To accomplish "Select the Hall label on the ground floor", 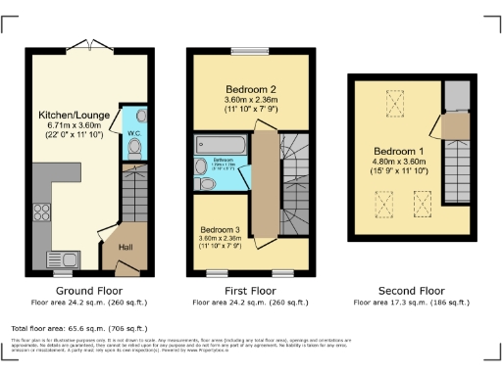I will (125, 248).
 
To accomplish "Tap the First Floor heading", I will (251, 291).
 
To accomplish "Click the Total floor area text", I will (78, 328).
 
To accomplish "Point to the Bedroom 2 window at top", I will (252, 49).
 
